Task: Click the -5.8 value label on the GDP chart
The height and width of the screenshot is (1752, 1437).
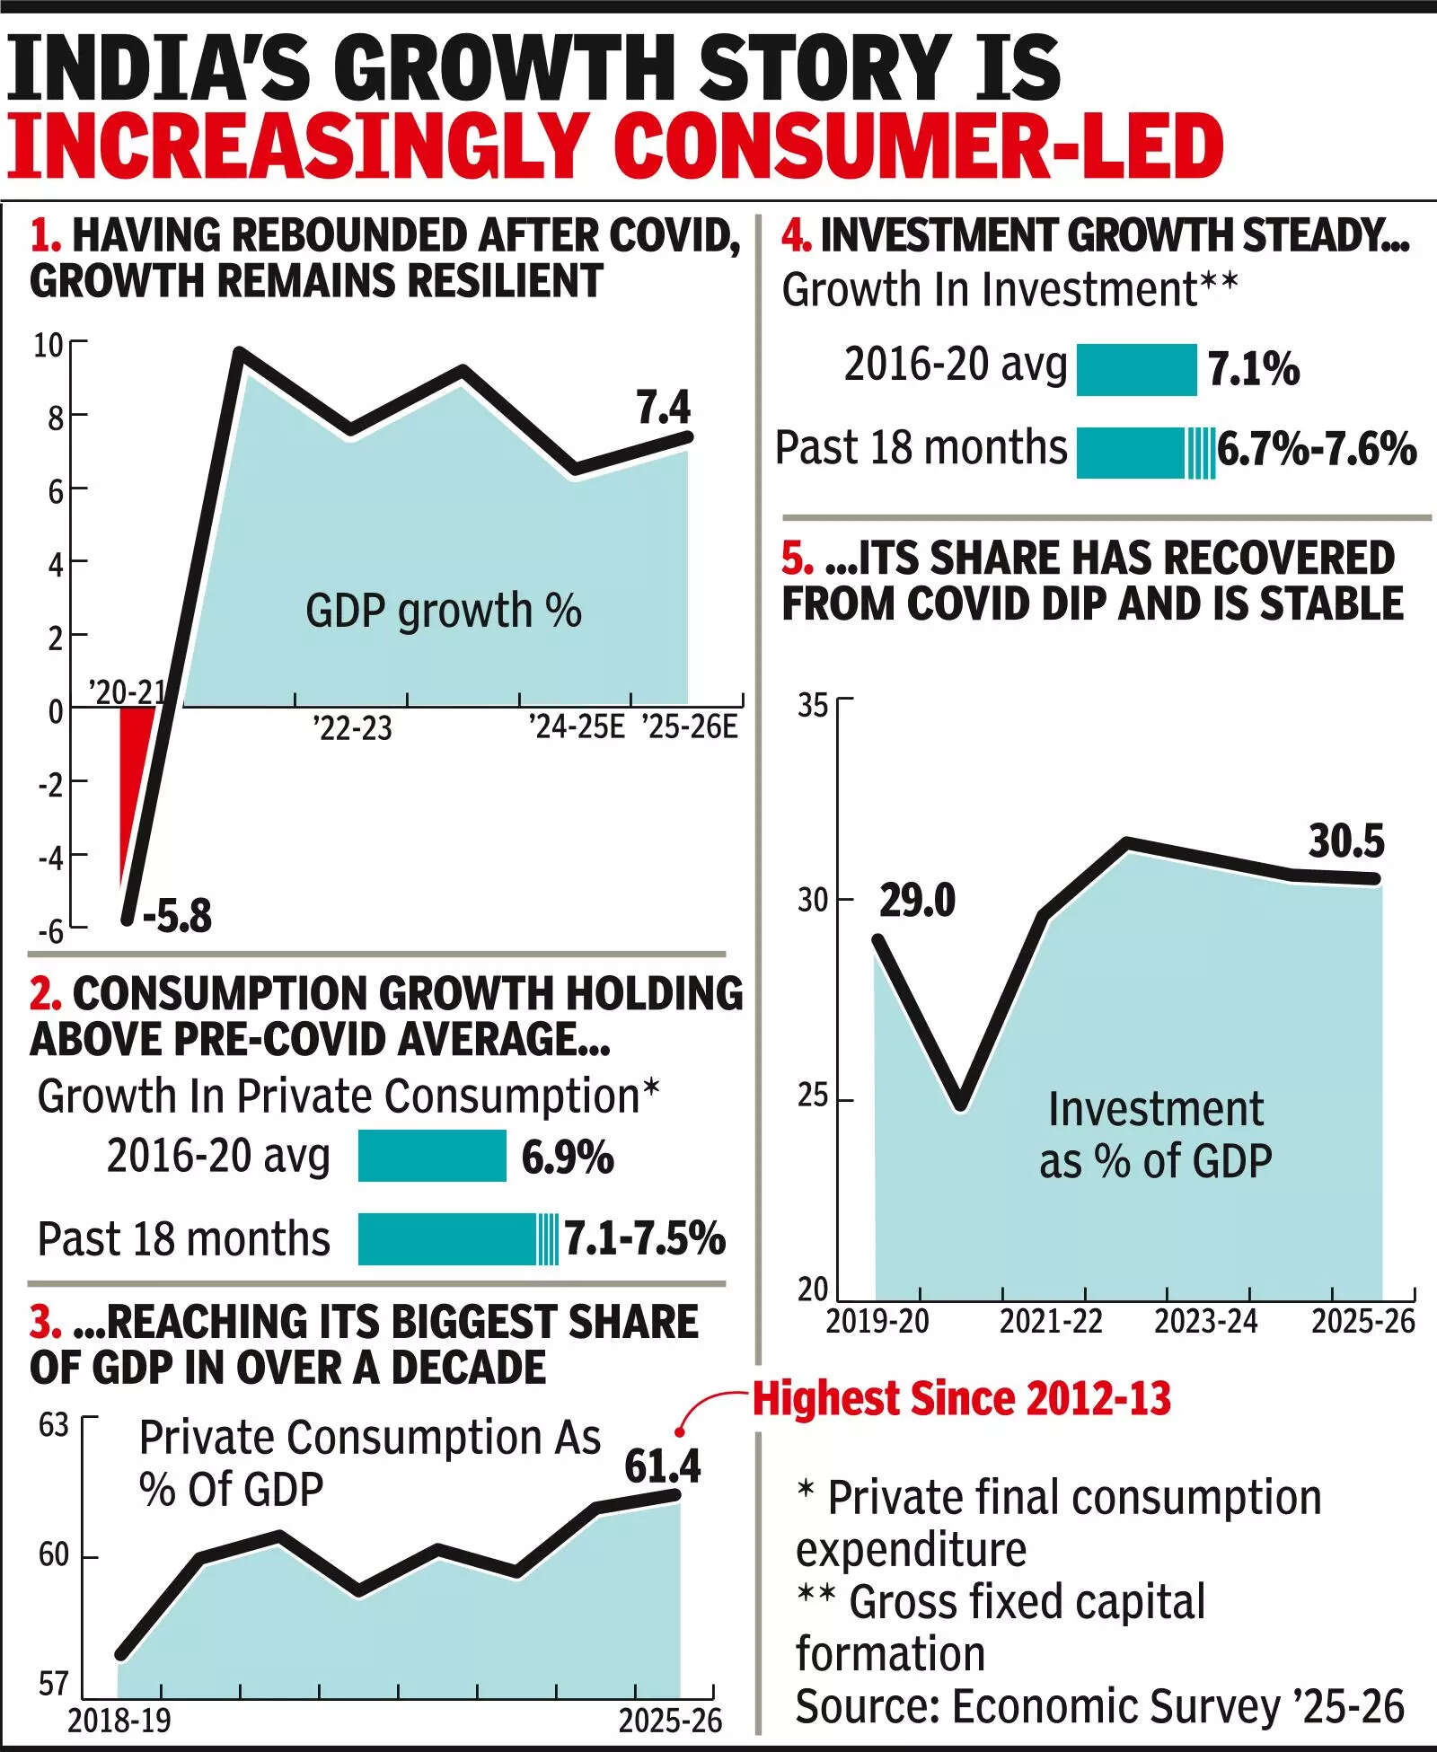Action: click(x=177, y=917)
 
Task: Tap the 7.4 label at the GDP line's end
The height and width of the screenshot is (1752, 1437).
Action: click(x=664, y=409)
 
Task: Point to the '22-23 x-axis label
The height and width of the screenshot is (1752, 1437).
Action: click(x=352, y=727)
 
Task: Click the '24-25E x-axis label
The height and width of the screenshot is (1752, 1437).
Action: click(x=575, y=726)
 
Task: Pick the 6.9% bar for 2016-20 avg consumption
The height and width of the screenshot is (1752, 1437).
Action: click(x=432, y=1156)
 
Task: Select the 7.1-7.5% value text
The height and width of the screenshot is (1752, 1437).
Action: click(x=644, y=1239)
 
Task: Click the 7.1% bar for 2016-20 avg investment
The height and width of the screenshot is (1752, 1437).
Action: click(x=1136, y=370)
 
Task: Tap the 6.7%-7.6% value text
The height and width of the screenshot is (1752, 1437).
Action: click(x=1317, y=449)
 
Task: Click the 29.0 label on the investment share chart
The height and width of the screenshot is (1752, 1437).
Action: click(x=917, y=901)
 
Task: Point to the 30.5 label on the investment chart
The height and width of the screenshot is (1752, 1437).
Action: click(x=1346, y=841)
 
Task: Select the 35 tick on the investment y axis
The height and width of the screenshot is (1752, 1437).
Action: click(x=813, y=706)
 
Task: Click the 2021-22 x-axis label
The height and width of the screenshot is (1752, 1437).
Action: click(x=1051, y=1322)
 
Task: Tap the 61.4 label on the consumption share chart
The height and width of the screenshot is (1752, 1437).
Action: click(x=663, y=1467)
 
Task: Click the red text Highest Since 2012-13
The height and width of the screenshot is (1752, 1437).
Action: click(x=961, y=1399)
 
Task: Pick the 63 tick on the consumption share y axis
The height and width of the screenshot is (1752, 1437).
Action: click(x=54, y=1425)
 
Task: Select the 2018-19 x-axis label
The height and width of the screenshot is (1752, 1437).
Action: click(x=119, y=1721)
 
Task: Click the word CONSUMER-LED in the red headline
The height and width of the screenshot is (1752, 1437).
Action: click(x=919, y=145)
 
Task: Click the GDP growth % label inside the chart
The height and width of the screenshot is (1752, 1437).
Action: click(x=444, y=612)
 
